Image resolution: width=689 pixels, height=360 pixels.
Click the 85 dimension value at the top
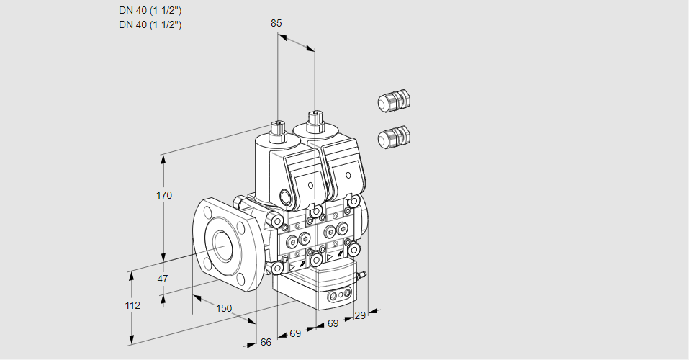[x=276, y=23]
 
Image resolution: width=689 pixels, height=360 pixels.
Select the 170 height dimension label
[x=164, y=195]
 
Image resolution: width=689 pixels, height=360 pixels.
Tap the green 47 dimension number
[x=163, y=279]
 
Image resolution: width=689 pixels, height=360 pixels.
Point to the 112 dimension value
[x=132, y=305]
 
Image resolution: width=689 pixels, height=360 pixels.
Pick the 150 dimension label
[x=224, y=308]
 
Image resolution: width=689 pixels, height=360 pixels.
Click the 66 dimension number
[x=266, y=342]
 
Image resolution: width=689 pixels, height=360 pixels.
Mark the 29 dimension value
[x=360, y=315]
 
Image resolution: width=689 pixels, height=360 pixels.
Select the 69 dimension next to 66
[x=295, y=333]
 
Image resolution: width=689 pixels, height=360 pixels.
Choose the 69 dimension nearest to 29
[x=333, y=324]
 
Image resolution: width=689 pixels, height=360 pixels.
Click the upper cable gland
[x=394, y=101]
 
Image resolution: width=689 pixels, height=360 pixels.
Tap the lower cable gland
[x=394, y=136]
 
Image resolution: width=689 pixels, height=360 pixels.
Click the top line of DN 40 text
[x=150, y=10]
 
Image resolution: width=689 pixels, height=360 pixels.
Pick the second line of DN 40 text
[x=150, y=24]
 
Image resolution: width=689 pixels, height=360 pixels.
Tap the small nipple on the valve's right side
[x=364, y=275]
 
